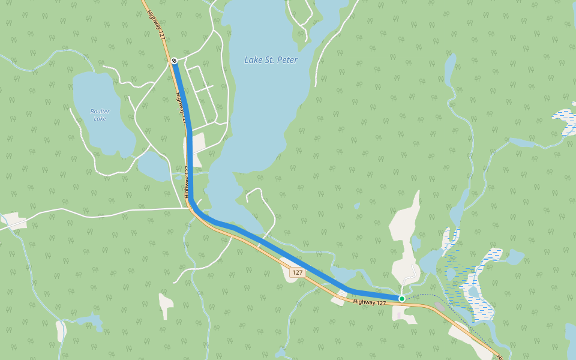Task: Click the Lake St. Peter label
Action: (x=271, y=60)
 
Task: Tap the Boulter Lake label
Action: (x=100, y=115)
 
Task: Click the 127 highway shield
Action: (x=298, y=272)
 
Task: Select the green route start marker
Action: (x=401, y=298)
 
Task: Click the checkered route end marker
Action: (x=173, y=61)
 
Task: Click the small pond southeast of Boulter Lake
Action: (x=155, y=166)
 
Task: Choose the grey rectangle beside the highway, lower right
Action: (x=440, y=307)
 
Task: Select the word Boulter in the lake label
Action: (x=100, y=111)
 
